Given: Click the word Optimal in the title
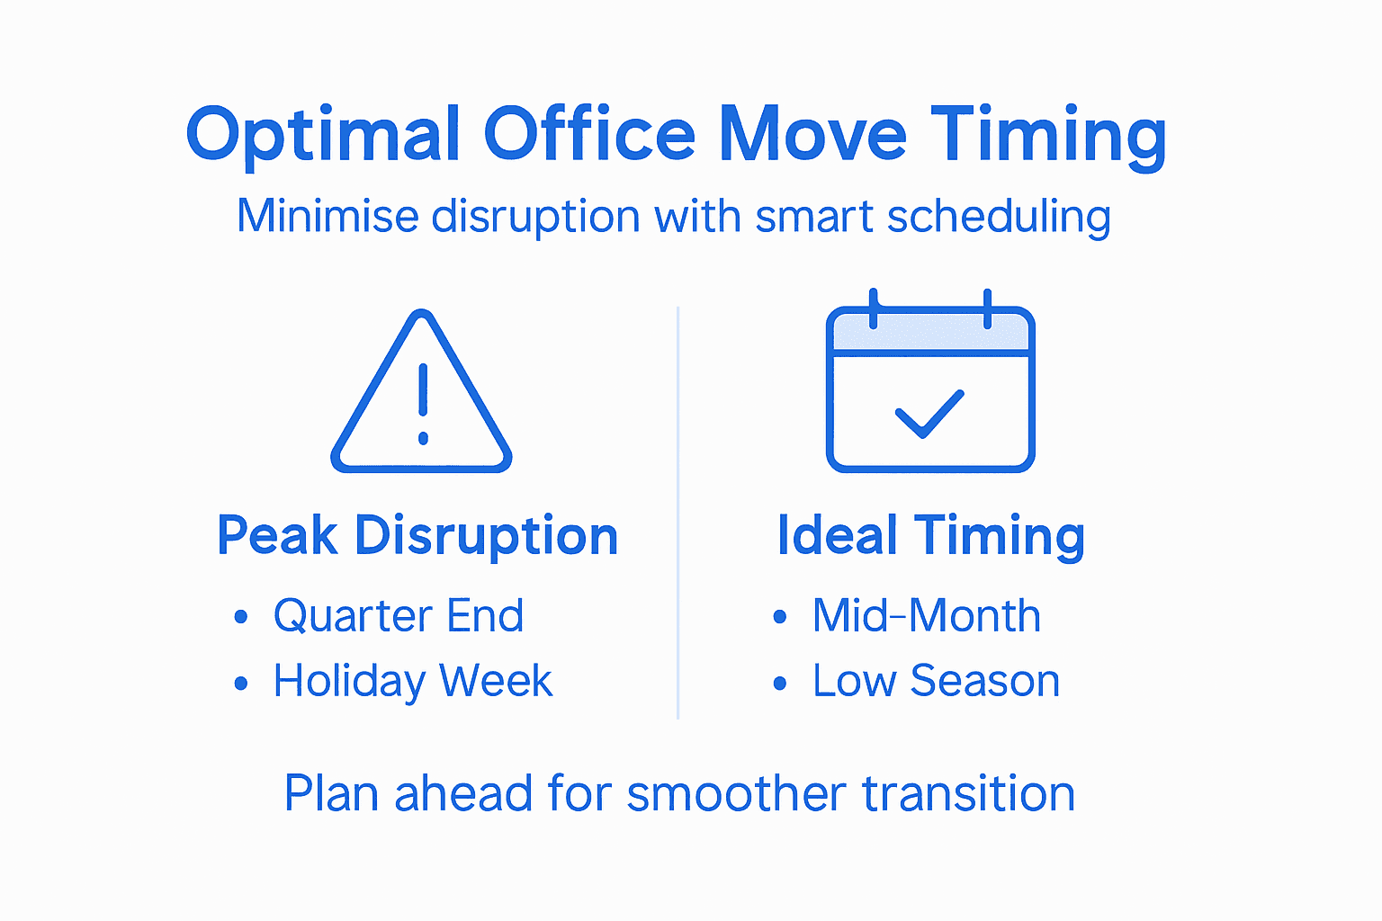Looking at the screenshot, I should [323, 135].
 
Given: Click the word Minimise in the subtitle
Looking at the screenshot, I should [328, 217].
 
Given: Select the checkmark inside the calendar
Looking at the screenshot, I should [929, 414].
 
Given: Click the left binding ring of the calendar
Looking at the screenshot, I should [873, 308].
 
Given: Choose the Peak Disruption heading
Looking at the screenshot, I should [417, 536].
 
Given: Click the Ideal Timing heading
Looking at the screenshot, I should [930, 536].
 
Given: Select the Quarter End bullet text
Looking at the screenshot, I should [399, 616].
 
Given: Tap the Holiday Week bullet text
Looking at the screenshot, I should [413, 681].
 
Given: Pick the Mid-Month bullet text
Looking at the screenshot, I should [927, 616].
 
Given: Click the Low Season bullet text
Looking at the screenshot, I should [936, 681].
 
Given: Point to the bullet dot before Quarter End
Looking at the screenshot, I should [240, 618].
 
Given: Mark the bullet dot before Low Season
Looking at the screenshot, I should [779, 684].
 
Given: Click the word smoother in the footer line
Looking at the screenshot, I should [736, 794].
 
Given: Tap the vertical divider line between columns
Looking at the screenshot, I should [678, 513].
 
